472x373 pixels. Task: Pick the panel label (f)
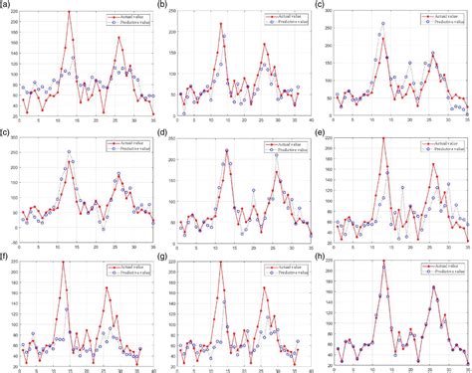pyautogui.click(x=7, y=255)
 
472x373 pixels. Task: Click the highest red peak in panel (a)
pyautogui.click(x=69, y=12)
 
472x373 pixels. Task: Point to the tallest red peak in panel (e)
pyautogui.click(x=383, y=139)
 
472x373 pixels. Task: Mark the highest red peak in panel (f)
pyautogui.click(x=63, y=263)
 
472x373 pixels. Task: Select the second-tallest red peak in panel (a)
pyautogui.click(x=118, y=38)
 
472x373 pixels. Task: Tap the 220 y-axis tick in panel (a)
pyautogui.click(x=12, y=12)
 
